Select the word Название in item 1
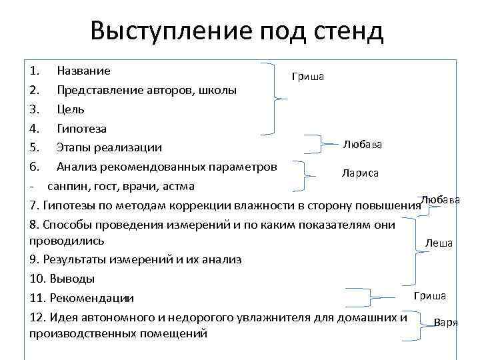click(83, 70)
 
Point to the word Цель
click(71, 109)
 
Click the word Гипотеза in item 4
click(81, 128)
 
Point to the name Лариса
click(360, 173)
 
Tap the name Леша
click(439, 243)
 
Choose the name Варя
click(445, 322)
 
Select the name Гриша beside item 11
click(430, 295)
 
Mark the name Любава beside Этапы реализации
click(363, 144)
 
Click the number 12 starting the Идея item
click(37, 317)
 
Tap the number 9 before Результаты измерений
click(35, 259)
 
